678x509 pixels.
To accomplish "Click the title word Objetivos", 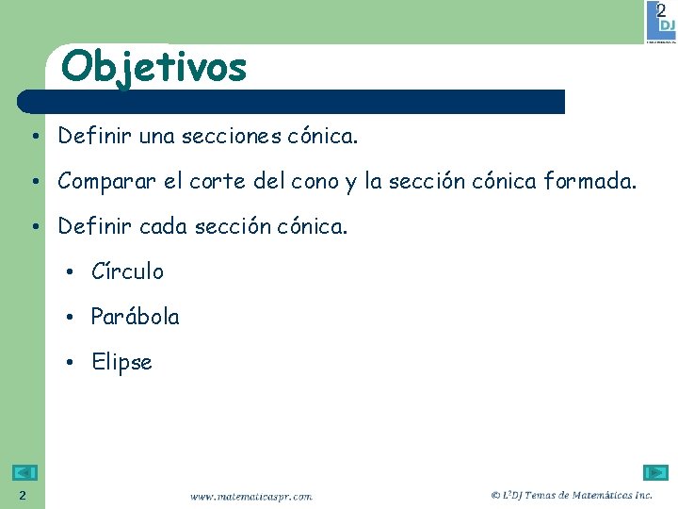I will tap(153, 67).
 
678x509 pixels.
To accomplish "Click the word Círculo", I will tap(127, 272).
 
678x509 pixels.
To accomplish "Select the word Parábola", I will tap(135, 318).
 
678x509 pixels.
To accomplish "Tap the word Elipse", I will tap(121, 363).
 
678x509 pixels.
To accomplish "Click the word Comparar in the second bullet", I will tap(107, 182).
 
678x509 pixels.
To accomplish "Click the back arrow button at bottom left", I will tap(25, 473).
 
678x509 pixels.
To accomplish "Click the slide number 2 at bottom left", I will tap(23, 496).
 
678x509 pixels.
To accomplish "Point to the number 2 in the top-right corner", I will tap(661, 10).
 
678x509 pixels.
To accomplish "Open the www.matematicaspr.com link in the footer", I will tap(250, 496).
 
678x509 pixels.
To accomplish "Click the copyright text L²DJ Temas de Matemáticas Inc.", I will tap(572, 495).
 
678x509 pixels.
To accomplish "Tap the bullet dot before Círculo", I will tap(71, 273).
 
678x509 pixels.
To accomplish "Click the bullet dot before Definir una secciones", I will tap(33, 138).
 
